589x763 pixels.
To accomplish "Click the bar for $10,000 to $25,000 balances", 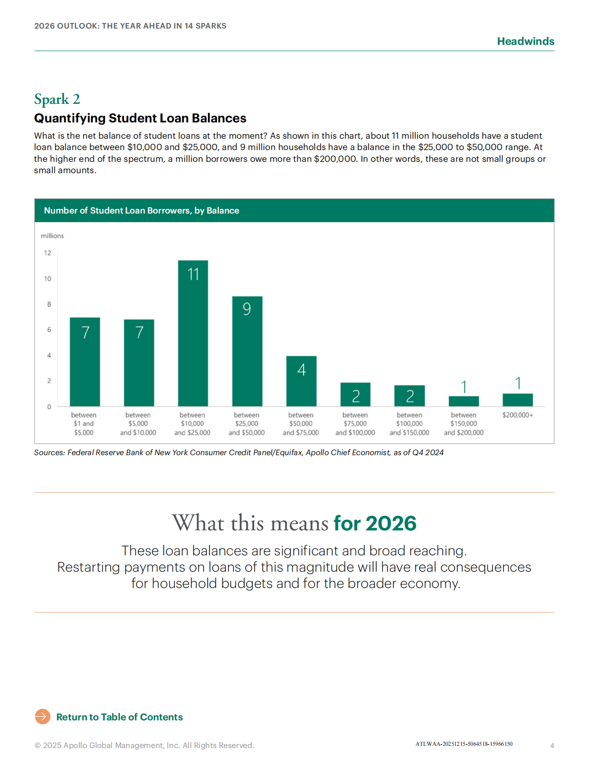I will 193,333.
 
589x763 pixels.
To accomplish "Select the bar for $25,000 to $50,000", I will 247,351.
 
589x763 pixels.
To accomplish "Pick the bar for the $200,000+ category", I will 517,400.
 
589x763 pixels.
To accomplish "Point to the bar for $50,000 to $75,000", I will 301,381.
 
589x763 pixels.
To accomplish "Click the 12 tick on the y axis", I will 48,253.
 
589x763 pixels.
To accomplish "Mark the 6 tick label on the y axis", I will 49,330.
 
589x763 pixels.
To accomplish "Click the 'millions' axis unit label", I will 52,236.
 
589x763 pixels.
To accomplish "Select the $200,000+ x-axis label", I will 517,415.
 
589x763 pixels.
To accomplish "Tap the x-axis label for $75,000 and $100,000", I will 355,424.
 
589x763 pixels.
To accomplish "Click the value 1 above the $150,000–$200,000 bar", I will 463,387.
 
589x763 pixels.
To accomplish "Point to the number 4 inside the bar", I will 301,370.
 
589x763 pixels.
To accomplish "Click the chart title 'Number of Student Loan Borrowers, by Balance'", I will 141,210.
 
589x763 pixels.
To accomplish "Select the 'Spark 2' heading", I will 57,99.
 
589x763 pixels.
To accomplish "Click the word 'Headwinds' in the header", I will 526,41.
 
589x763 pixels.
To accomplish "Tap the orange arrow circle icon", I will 43,717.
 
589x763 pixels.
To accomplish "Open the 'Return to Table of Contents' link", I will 119,717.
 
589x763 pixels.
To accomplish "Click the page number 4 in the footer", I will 552,745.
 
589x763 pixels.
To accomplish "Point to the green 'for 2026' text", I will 375,523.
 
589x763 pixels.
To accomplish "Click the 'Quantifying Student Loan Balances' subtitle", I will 140,118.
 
